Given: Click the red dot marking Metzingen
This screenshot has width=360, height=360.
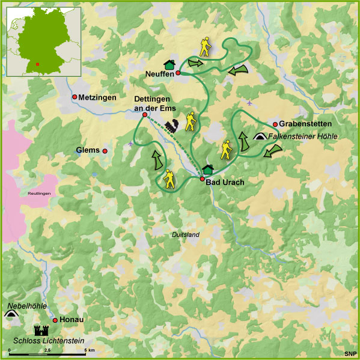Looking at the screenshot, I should [x=75, y=97].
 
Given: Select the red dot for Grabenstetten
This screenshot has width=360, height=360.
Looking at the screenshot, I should [x=275, y=124].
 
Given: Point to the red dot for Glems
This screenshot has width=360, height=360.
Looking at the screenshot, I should [x=105, y=151].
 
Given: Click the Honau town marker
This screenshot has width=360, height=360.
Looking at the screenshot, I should [x=55, y=320].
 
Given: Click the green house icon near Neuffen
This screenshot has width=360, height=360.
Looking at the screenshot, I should [x=169, y=64].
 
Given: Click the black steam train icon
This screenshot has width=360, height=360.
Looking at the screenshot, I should [x=171, y=126].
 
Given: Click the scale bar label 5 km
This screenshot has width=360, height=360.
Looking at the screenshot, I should [x=89, y=350].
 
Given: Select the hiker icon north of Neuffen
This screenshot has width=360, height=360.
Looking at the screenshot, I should [x=206, y=47].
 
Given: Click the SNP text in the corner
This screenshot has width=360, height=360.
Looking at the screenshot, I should [x=349, y=353].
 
